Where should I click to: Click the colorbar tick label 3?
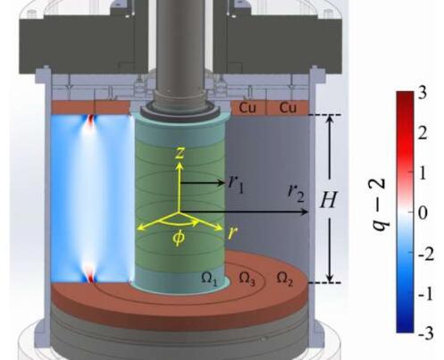coord(422,92)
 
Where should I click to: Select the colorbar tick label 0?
coord(423,213)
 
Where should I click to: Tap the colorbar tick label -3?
coord(426,334)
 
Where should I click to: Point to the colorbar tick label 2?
coord(423,132)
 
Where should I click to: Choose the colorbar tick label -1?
coord(425,294)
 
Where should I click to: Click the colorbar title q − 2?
coord(381,205)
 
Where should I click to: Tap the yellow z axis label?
coord(180,153)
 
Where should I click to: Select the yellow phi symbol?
coord(179,238)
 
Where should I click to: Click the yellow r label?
coord(232,232)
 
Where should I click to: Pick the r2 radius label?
coord(297,193)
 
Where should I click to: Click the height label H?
coord(329,199)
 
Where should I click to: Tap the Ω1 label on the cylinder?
coord(209,280)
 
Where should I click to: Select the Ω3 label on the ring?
coord(247,279)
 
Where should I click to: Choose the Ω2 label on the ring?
coord(285,279)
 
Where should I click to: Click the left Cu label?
coord(247,107)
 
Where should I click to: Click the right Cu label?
coord(289,107)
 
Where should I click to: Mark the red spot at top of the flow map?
coord(91,123)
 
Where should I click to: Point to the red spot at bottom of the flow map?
coord(91,273)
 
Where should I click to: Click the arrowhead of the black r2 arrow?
coord(305,212)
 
